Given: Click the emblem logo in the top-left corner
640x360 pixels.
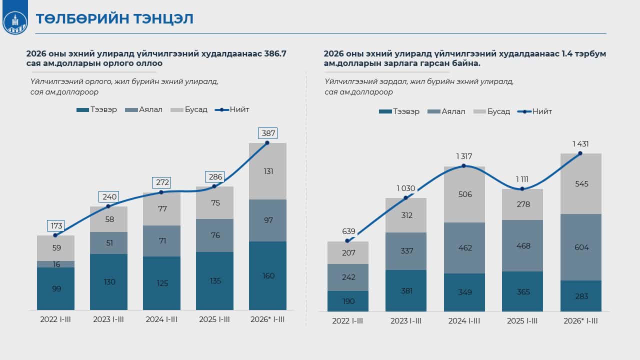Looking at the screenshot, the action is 15,23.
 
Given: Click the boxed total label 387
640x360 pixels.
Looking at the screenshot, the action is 267,133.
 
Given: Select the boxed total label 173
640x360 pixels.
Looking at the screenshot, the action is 55,225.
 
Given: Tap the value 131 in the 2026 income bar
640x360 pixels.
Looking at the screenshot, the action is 268,171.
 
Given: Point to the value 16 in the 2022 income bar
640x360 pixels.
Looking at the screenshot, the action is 56,264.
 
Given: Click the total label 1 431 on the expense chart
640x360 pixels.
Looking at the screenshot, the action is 580,144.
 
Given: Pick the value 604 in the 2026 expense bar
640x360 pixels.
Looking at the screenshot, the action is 581,247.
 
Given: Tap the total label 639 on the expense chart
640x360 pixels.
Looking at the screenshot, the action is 348,231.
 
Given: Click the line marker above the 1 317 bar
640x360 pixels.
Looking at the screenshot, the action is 463,166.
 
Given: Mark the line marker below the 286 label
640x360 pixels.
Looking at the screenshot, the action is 214,186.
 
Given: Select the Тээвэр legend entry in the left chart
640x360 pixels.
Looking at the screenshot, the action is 96,109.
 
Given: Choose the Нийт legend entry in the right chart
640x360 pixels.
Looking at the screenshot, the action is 534,111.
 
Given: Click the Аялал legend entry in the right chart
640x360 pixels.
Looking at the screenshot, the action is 446,111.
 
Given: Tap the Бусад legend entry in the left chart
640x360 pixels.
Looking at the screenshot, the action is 189,109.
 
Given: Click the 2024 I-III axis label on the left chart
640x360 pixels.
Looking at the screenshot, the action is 161,319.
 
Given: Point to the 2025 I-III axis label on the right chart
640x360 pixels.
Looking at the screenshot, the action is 522,321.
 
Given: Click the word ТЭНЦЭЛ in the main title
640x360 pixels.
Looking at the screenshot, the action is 163,19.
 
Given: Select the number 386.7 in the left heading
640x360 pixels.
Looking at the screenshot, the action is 275,53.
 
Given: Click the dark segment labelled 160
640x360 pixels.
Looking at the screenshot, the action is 267,275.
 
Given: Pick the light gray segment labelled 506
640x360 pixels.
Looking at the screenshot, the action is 464,194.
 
